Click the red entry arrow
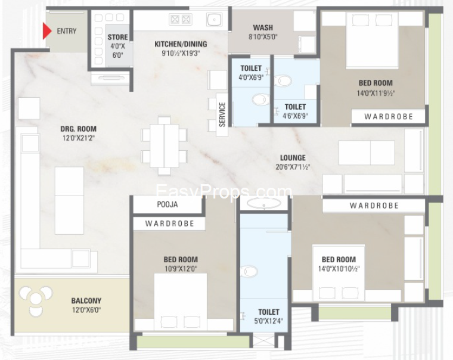47,31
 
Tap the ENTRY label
67,31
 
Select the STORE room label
117,37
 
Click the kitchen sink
215,19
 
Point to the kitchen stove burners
180,19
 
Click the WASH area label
263,27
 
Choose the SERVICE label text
222,114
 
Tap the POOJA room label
167,204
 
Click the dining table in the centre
164,145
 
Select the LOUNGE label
293,158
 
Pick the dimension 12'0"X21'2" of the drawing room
79,138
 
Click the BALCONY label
86,301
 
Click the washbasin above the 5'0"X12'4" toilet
264,203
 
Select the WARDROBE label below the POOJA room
170,224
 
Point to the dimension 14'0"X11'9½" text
376,93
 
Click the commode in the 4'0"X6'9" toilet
260,100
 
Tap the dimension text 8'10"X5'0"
263,37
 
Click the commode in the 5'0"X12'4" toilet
249,271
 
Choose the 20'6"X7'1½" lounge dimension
293,167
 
